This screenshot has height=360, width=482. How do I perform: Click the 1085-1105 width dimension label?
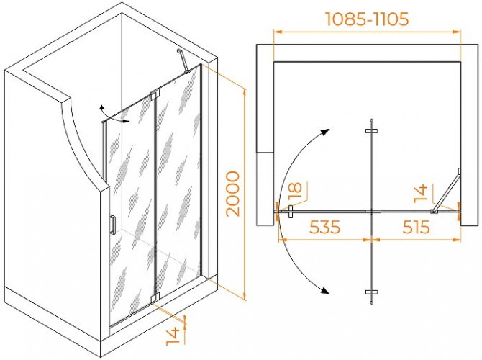pos(367,19)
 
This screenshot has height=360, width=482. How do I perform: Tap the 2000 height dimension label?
pos(232,194)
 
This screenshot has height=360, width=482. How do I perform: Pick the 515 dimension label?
pos(416,227)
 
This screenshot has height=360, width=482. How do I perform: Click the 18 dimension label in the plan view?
pos(296,192)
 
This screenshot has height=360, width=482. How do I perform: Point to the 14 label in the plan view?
pos(421,194)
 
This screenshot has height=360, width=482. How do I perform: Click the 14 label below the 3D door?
pos(173,336)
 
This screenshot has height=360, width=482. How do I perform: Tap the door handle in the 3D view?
pos(113,225)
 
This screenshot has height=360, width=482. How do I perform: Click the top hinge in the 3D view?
pos(155,94)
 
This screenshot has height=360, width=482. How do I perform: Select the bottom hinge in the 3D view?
pos(155,297)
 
